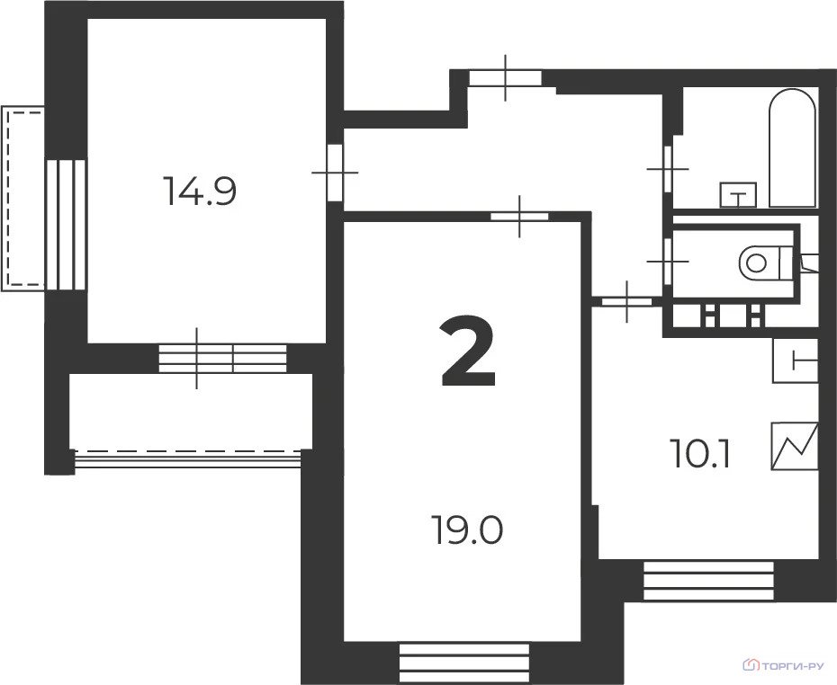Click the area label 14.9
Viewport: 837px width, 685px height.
pyautogui.click(x=199, y=191)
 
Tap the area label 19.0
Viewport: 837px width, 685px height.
pyautogui.click(x=466, y=529)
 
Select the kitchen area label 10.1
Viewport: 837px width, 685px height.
pyautogui.click(x=699, y=455)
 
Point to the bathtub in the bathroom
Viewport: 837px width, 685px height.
pyautogui.click(x=792, y=147)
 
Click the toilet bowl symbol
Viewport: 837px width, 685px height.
pyautogui.click(x=760, y=262)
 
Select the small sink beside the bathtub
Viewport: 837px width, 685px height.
pyautogui.click(x=739, y=193)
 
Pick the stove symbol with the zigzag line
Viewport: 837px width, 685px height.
pyautogui.click(x=795, y=446)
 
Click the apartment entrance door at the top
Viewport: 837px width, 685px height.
pyautogui.click(x=505, y=78)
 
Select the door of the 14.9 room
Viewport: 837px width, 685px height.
pyautogui.click(x=335, y=172)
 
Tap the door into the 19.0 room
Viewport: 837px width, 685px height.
pyautogui.click(x=519, y=216)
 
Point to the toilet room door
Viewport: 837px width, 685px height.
pyautogui.click(x=668, y=260)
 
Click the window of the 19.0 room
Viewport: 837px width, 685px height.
pyautogui.click(x=463, y=663)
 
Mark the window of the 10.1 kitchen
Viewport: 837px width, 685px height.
pyautogui.click(x=708, y=581)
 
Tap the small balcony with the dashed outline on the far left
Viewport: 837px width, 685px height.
pyautogui.click(x=23, y=198)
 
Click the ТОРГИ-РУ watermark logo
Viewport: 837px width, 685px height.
pyautogui.click(x=783, y=666)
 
